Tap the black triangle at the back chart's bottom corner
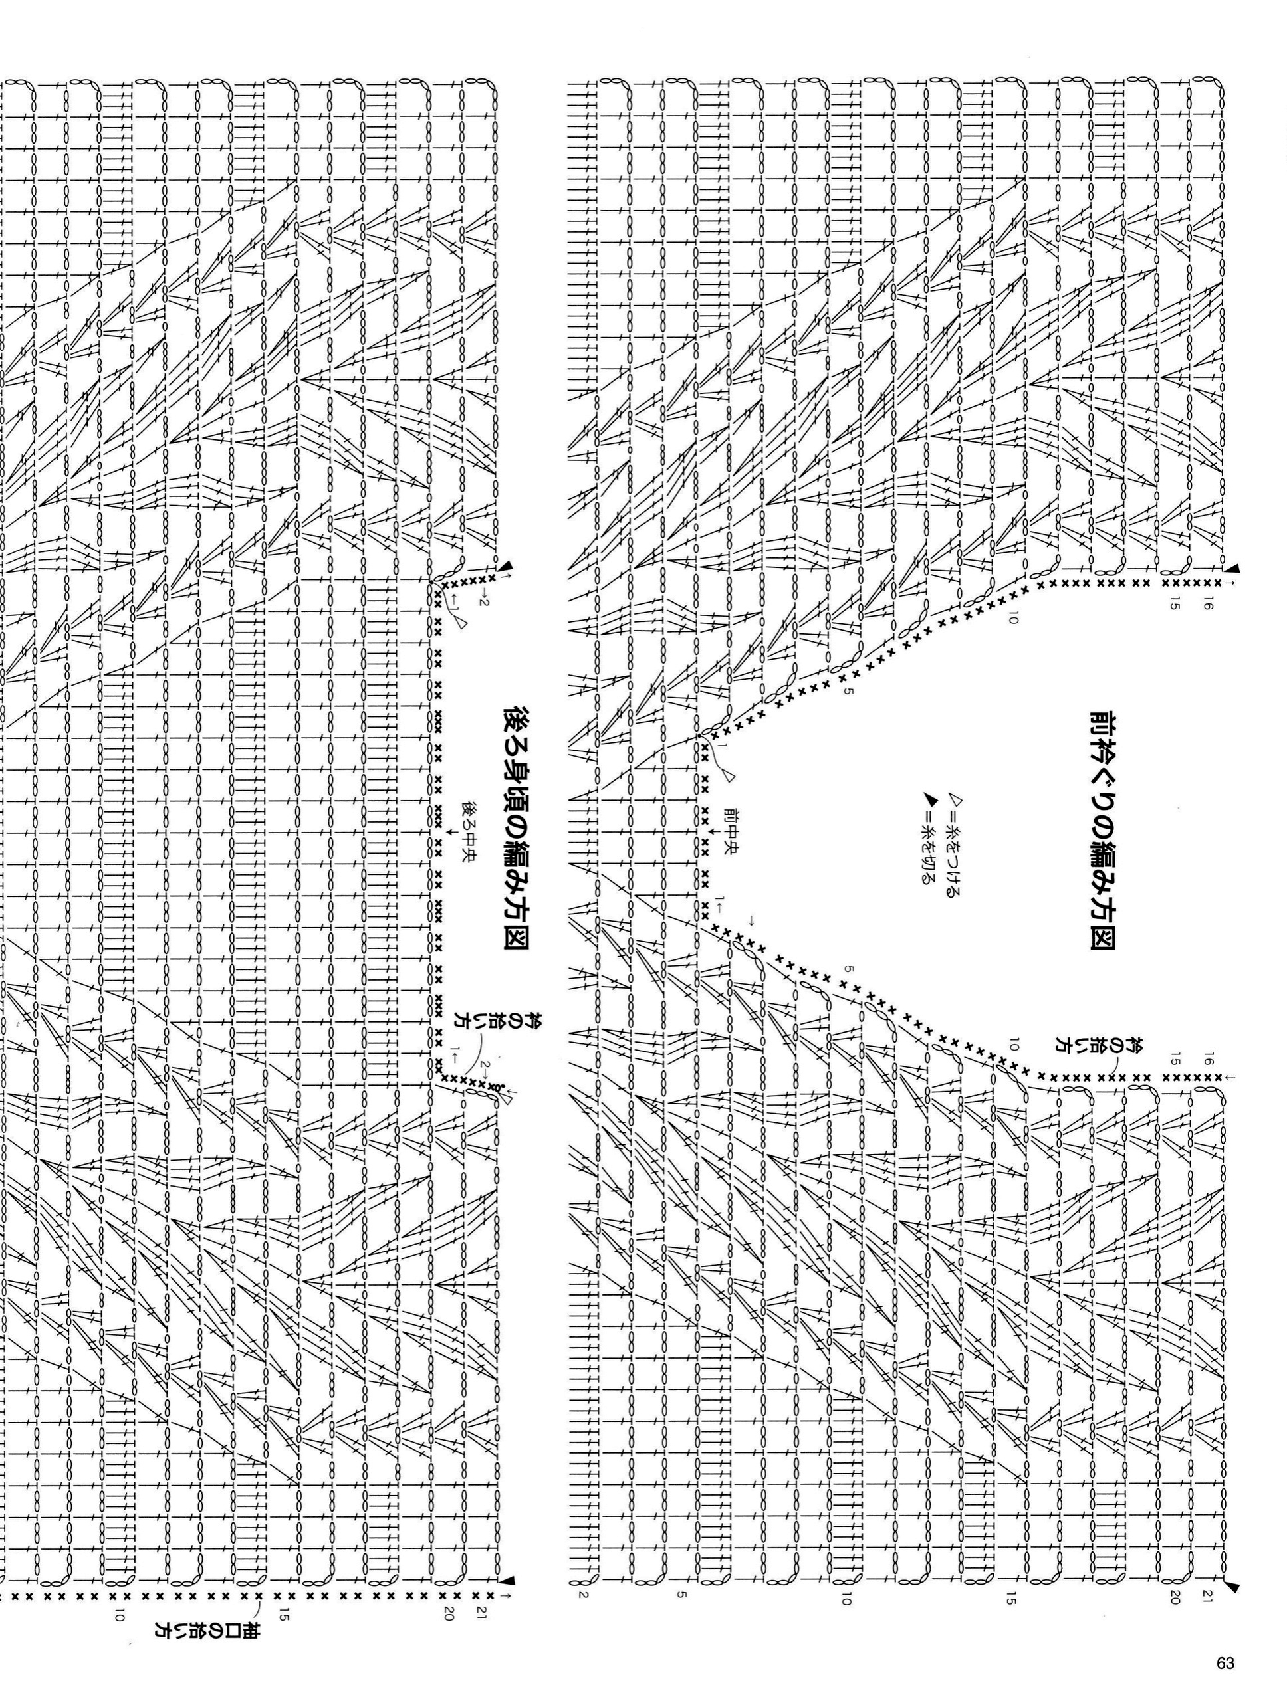508,1577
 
